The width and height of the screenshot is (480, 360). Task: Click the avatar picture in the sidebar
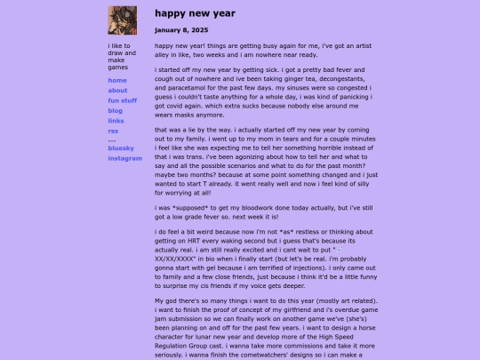pos(122,20)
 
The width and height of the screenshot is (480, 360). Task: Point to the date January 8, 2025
pos(181,29)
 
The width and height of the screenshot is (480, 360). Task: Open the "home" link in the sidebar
pos(117,81)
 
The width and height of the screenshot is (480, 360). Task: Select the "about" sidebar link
pos(117,91)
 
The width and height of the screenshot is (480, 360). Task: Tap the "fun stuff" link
pos(123,100)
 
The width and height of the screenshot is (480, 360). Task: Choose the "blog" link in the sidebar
pos(116,110)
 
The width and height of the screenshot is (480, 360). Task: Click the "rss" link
pos(113,130)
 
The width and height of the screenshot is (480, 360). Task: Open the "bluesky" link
pos(121,148)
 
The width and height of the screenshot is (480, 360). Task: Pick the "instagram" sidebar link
pos(125,158)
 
